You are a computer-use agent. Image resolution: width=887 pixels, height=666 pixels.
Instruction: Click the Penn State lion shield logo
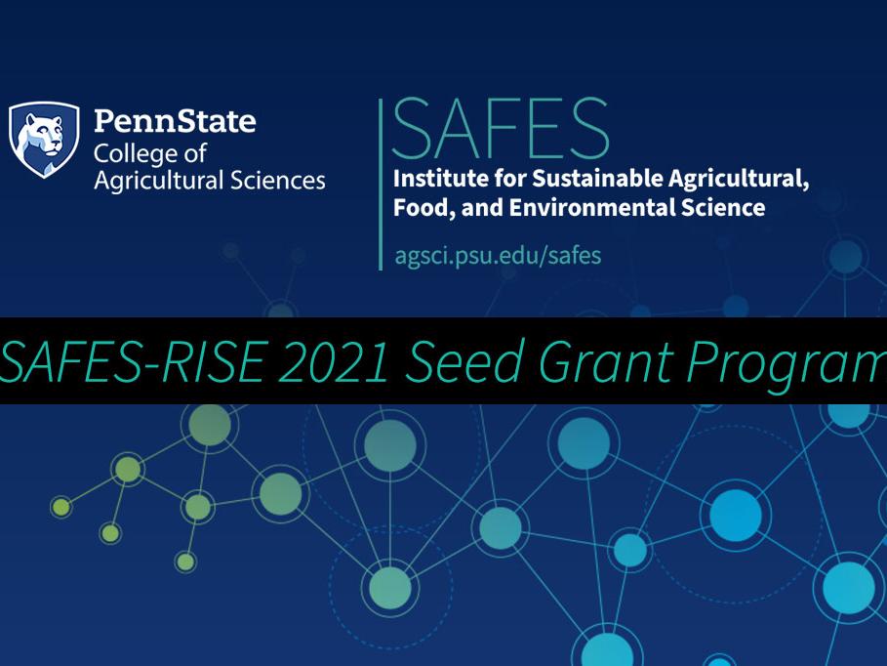click(44, 140)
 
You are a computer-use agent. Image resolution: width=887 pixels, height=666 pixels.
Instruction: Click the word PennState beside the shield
click(175, 122)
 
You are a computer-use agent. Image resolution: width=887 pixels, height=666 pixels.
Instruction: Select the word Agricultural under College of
click(153, 181)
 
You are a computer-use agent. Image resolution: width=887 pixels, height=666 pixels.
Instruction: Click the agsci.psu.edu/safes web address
click(498, 256)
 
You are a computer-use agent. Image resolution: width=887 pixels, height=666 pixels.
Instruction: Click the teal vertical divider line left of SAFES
click(380, 184)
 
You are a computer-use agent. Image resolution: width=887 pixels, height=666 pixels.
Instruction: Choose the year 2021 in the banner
click(332, 361)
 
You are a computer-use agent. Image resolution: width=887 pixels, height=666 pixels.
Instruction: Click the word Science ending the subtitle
click(723, 208)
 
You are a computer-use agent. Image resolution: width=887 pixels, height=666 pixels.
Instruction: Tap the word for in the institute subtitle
click(495, 179)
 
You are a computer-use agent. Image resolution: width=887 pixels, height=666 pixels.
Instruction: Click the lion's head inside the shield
click(45, 131)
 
